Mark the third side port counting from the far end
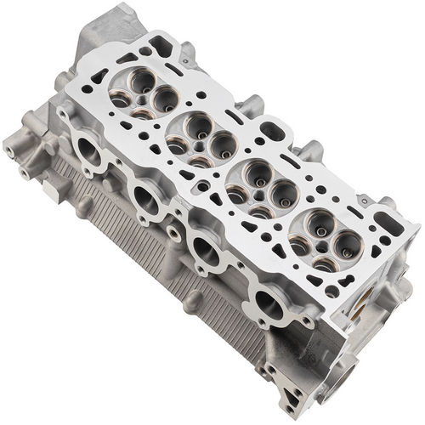(206, 249)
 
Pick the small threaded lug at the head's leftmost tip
(9, 150)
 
